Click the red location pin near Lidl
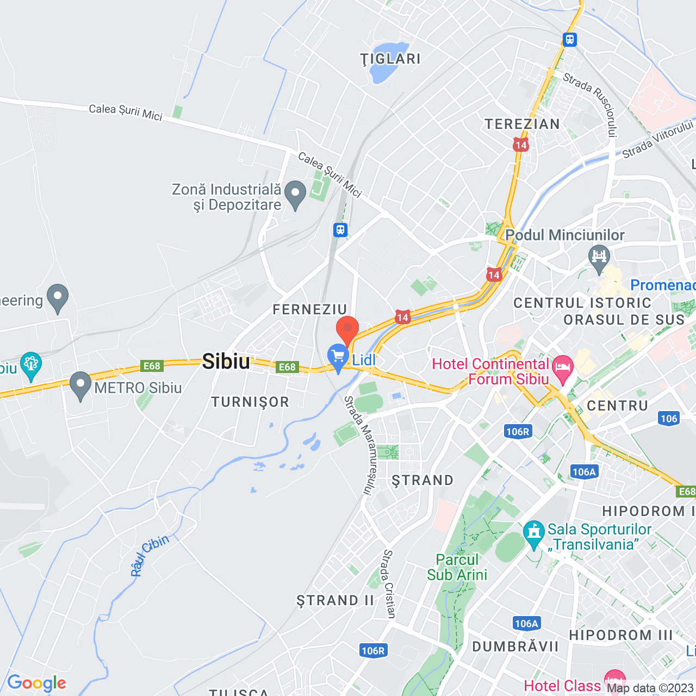[x=347, y=330]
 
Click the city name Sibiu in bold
[x=226, y=362]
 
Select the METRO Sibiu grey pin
[x=80, y=384]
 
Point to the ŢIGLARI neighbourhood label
[x=390, y=59]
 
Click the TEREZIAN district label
[x=522, y=124]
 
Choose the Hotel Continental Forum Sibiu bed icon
[x=563, y=368]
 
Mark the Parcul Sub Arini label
[x=457, y=567]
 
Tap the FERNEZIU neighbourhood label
[x=309, y=309]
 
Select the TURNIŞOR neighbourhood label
[x=250, y=402]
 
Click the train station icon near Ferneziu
[x=340, y=230]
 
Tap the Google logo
[x=36, y=683]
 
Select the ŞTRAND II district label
[x=335, y=600]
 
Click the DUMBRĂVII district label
[x=515, y=647]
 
